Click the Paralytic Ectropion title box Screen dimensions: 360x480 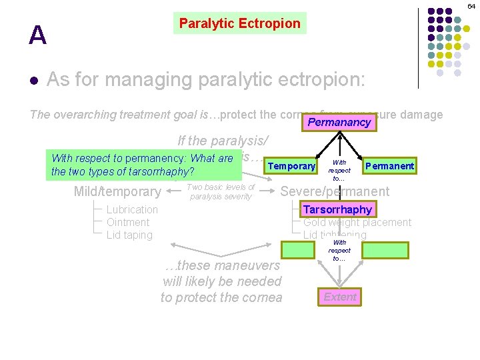(x=240, y=23)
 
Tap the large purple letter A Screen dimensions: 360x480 (x=38, y=36)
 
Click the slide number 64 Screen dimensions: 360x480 (x=471, y=6)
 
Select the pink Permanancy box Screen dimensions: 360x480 (x=339, y=123)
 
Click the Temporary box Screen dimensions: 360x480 (x=291, y=166)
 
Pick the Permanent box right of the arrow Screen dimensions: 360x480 (x=389, y=166)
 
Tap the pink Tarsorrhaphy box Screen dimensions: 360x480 (x=337, y=209)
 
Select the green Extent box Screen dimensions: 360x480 (x=340, y=297)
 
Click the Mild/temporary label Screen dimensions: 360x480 (x=117, y=192)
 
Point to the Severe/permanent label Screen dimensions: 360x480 (x=335, y=191)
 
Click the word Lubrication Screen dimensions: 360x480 (x=132, y=209)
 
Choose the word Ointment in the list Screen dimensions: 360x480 (x=128, y=222)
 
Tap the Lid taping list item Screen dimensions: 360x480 (x=129, y=235)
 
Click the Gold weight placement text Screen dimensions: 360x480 (x=357, y=223)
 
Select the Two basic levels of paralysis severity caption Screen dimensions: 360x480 (x=221, y=191)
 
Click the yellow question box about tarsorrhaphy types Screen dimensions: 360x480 (x=145, y=165)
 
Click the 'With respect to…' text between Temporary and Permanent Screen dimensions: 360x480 (x=339, y=170)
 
